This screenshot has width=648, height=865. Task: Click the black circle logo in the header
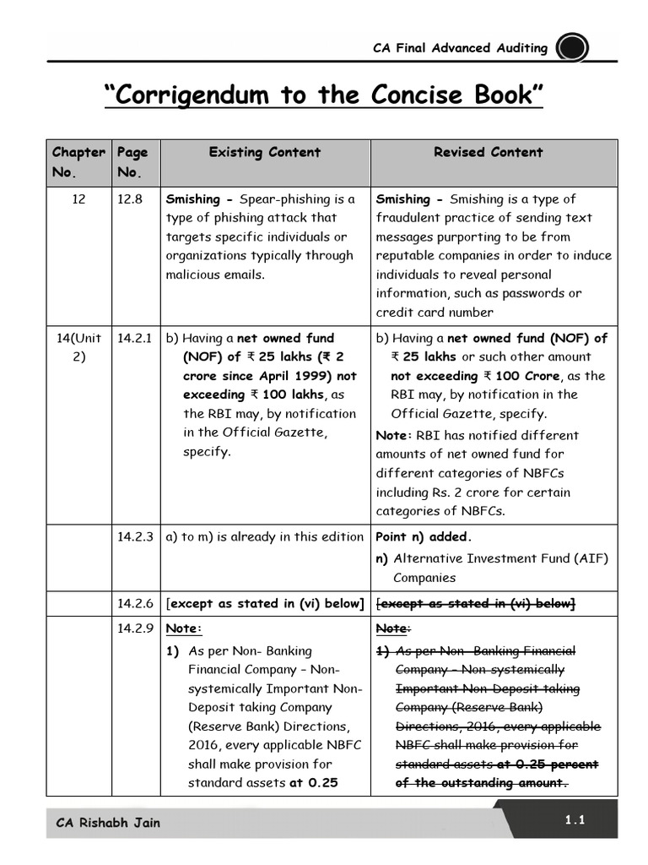pos(574,48)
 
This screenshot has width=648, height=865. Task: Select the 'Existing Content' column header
pos(265,153)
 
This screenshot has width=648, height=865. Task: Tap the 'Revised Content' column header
pos(488,153)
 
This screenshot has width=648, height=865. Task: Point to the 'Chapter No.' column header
pos(78,162)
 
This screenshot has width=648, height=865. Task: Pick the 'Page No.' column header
pos(132,162)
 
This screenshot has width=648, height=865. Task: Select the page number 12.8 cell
pos(129,199)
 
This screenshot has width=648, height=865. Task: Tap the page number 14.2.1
pos(134,338)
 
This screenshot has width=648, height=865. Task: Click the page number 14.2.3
pos(134,536)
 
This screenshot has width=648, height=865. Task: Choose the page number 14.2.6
pos(134,603)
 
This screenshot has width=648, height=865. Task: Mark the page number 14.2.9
pos(134,628)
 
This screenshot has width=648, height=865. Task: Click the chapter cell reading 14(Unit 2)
pos(78,347)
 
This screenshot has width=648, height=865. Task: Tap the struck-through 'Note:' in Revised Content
pos(393,628)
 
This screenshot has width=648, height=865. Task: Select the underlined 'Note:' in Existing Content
pos(184,628)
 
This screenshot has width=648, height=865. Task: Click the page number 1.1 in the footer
pos(575,820)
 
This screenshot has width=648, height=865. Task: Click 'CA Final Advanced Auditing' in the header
pos(460,48)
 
